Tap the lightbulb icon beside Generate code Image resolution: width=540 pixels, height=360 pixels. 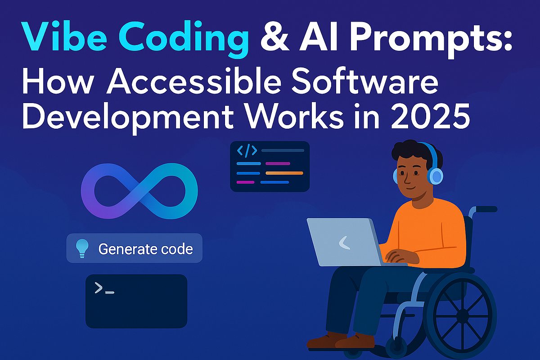pyautogui.click(x=81, y=248)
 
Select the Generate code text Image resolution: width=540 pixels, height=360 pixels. pyautogui.click(x=145, y=248)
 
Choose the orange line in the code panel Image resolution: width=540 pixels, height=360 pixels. pyautogui.click(x=284, y=173)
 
